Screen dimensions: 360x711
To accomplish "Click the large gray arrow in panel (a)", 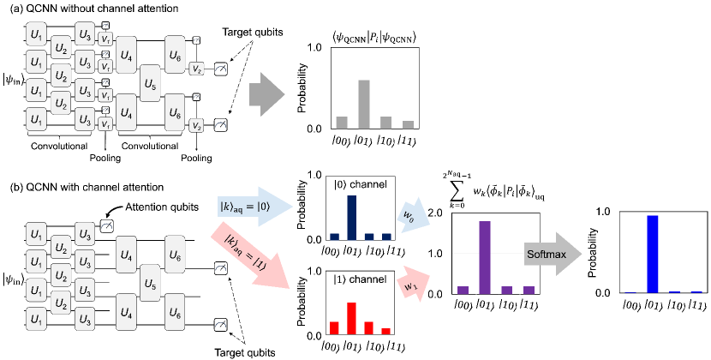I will (268, 92).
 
